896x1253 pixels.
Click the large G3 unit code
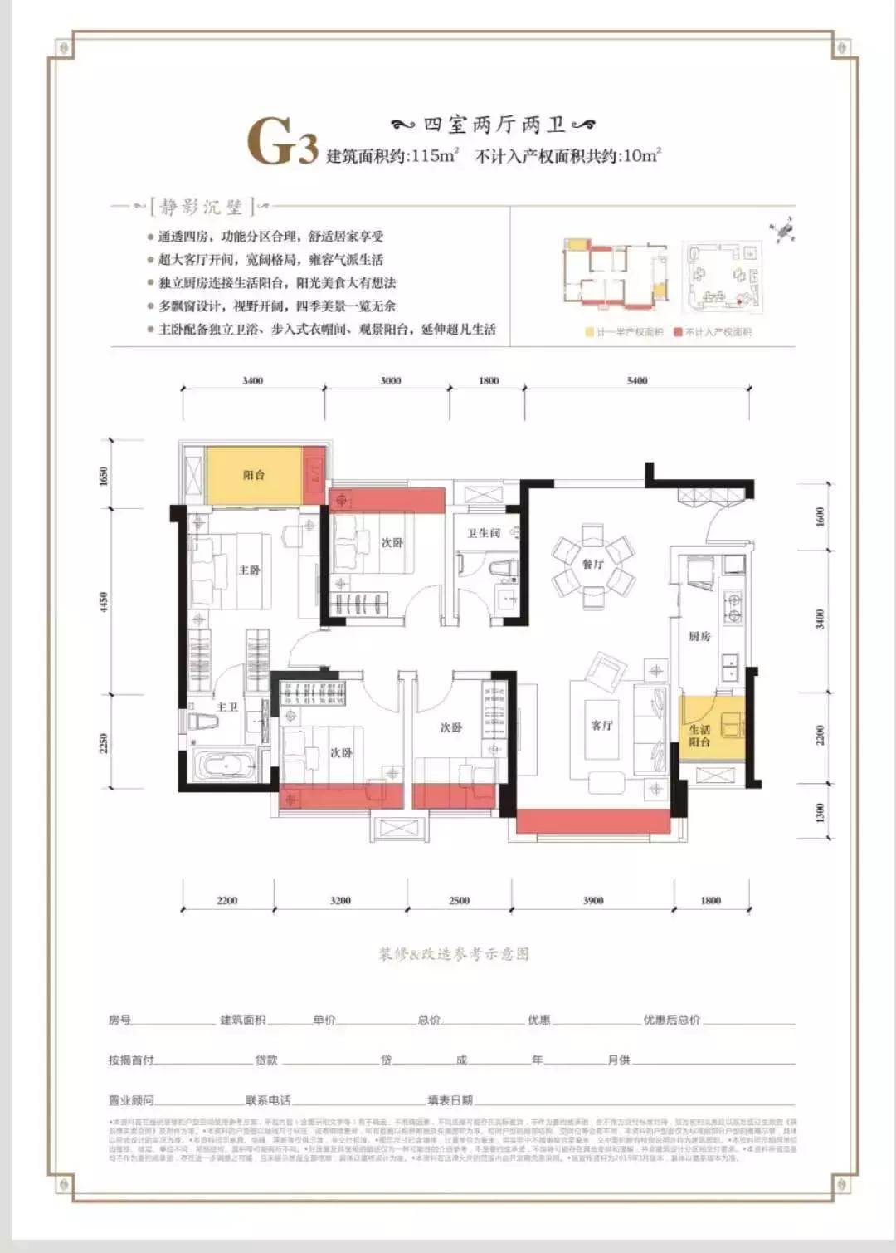282,143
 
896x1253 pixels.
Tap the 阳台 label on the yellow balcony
254,475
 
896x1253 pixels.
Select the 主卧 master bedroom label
250,570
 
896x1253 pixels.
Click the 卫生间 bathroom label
484,533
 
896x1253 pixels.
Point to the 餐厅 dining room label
593,564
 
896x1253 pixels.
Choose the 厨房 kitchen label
699,636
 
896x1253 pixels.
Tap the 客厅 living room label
601,725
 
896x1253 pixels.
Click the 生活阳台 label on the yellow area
699,735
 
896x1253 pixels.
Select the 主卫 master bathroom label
227,707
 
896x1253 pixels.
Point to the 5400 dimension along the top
637,380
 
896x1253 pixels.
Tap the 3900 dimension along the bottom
593,900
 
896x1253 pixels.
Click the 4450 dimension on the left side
104,601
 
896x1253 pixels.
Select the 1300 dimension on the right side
821,812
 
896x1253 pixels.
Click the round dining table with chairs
594,563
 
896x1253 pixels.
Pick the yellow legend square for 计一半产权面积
590,332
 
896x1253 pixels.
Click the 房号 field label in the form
119,1020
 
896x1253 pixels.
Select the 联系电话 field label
268,1100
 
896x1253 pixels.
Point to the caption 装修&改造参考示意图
454,954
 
